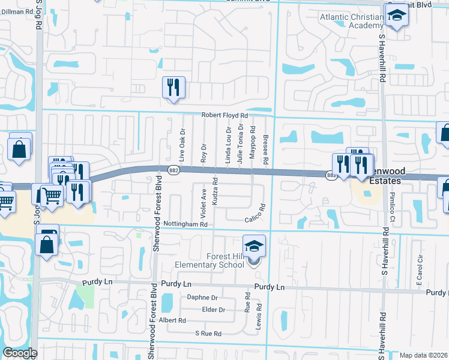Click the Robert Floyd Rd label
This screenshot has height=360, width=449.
(224, 115)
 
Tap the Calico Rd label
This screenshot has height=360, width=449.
(255, 220)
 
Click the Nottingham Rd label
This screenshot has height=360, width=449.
(187, 224)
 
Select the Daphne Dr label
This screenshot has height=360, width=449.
(202, 297)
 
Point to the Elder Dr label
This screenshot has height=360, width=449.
(214, 310)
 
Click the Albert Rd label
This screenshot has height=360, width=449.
(173, 320)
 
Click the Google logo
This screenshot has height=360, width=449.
(20, 353)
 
